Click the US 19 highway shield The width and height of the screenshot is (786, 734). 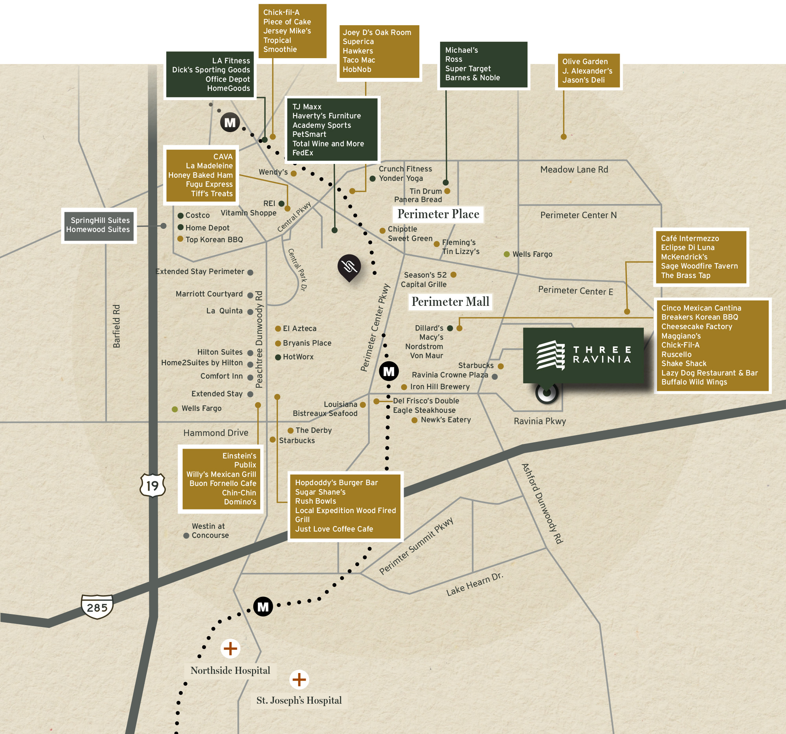pyautogui.click(x=152, y=485)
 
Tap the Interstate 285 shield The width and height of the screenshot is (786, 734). pyautogui.click(x=97, y=607)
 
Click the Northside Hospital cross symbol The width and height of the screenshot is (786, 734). pyautogui.click(x=230, y=649)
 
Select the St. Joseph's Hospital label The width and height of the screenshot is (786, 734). pyautogui.click(x=299, y=700)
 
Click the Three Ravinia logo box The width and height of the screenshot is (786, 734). pyautogui.click(x=583, y=355)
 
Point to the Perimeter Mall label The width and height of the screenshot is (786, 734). pyautogui.click(x=450, y=302)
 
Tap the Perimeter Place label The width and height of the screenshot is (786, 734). pyautogui.click(x=438, y=214)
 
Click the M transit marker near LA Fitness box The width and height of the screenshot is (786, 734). pyautogui.click(x=230, y=122)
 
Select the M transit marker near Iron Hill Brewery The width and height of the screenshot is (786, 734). pyautogui.click(x=389, y=372)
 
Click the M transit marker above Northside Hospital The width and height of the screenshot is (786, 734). pyautogui.click(x=263, y=606)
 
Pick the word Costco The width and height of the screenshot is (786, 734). pyautogui.click(x=197, y=215)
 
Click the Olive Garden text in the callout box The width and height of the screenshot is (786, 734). pyautogui.click(x=585, y=62)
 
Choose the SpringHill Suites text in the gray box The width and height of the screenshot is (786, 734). pyautogui.click(x=100, y=220)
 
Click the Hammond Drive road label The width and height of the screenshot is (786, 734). pyautogui.click(x=215, y=433)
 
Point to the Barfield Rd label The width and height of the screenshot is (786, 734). pyautogui.click(x=116, y=326)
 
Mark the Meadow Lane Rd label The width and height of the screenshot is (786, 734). pyautogui.click(x=574, y=170)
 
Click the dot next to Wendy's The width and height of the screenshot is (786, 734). pyautogui.click(x=294, y=173)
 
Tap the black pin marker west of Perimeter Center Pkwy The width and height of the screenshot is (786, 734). pyautogui.click(x=349, y=267)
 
